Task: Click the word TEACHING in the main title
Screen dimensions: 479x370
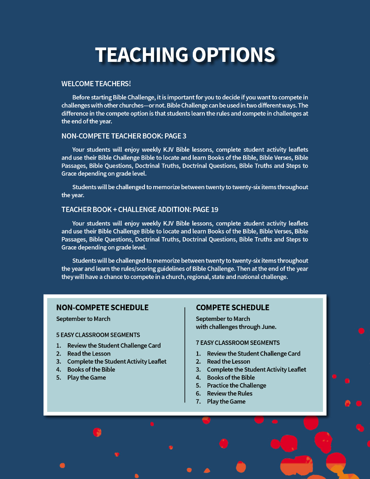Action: click(141, 55)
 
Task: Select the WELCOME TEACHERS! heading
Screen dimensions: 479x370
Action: click(96, 84)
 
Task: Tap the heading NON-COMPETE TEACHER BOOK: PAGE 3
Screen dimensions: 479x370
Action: click(124, 136)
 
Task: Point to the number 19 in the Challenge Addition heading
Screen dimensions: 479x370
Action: click(214, 210)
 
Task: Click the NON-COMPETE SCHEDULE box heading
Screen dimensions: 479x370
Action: click(102, 307)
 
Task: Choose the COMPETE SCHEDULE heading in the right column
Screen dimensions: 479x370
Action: click(232, 307)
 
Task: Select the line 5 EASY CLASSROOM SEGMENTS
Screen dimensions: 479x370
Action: click(98, 335)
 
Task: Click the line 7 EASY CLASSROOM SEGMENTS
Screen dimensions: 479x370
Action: click(238, 342)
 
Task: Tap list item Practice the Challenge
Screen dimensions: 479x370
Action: click(236, 386)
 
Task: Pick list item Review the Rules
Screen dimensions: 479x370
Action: click(230, 394)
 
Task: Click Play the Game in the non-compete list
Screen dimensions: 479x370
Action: click(87, 378)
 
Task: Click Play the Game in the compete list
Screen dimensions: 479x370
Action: click(226, 402)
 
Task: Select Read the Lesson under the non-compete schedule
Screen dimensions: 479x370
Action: click(89, 354)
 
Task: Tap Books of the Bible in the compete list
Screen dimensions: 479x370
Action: click(231, 378)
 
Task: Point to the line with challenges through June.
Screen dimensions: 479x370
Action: click(236, 327)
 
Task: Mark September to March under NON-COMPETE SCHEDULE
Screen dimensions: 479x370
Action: click(83, 319)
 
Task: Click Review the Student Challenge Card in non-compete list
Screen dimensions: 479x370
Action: click(114, 346)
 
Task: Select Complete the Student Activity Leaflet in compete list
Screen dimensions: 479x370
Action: click(256, 370)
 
